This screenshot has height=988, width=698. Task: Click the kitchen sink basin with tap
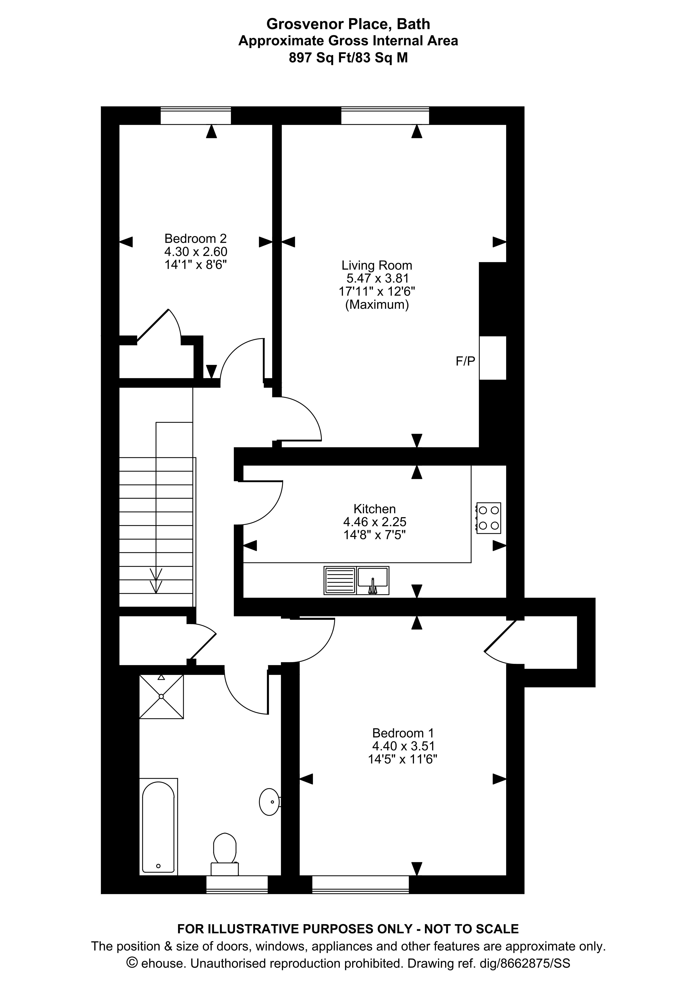(x=373, y=581)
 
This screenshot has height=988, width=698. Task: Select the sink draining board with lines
(x=340, y=581)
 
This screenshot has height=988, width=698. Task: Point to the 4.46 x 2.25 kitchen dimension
(x=374, y=522)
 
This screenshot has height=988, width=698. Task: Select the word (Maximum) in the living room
(x=377, y=305)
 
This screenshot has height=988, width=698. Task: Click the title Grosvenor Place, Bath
(x=348, y=24)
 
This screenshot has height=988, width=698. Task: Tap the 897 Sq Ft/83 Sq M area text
(x=348, y=58)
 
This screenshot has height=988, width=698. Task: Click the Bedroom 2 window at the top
(x=196, y=115)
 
